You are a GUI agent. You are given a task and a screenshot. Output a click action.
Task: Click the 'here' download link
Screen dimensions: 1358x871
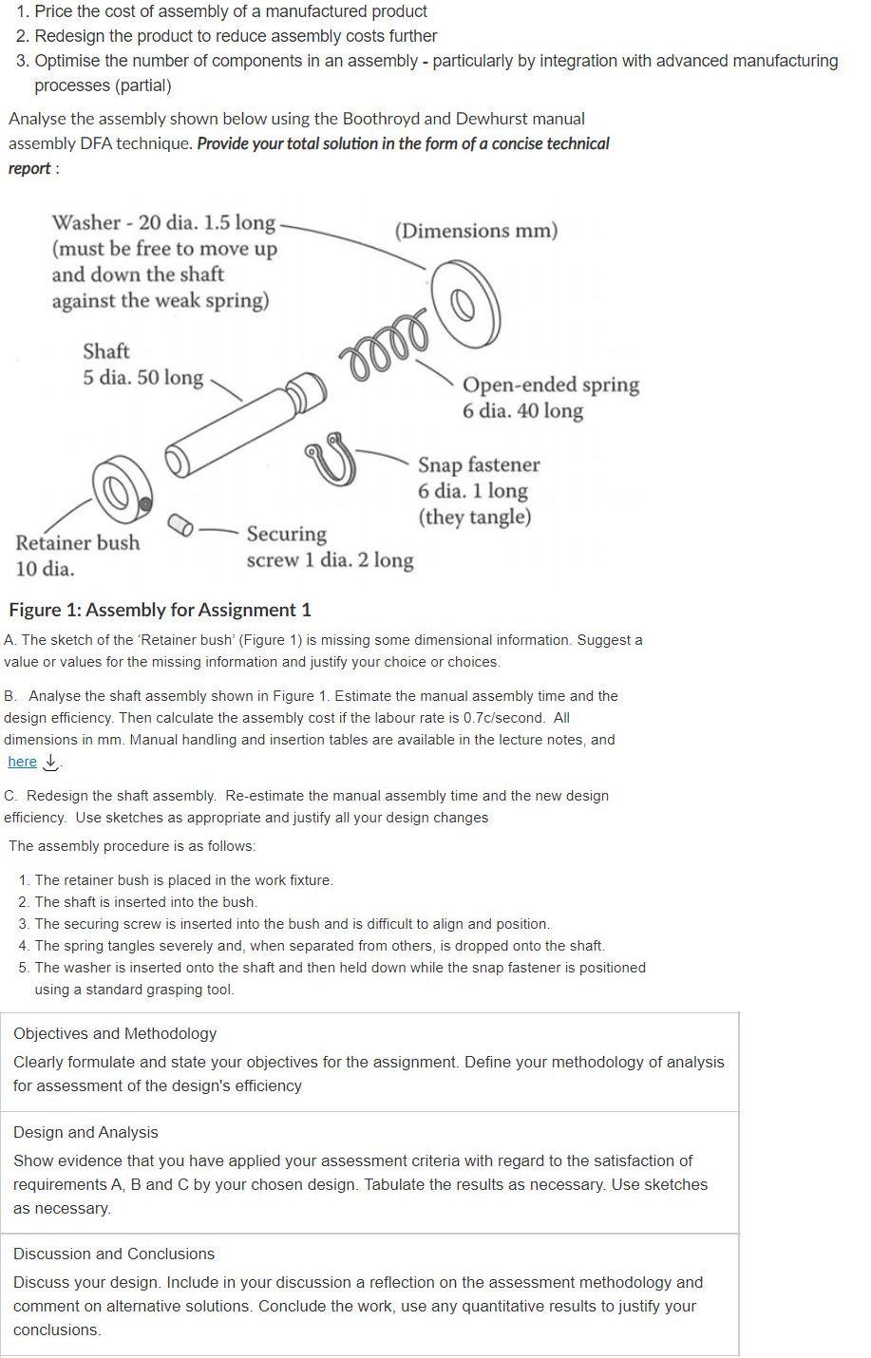click(x=22, y=762)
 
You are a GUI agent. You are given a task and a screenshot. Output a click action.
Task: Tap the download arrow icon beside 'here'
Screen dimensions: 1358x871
click(x=51, y=762)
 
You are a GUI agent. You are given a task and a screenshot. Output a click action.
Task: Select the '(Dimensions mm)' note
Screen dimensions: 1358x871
click(x=476, y=231)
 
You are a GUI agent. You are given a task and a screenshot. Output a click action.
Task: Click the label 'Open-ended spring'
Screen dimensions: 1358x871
click(x=551, y=385)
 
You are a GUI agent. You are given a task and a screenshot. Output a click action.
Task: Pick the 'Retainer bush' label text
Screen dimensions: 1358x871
click(x=77, y=542)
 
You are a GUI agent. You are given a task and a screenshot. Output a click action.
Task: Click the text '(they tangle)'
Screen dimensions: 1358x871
click(x=474, y=517)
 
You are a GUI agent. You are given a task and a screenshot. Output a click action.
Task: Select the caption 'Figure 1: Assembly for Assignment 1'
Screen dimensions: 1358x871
click(x=160, y=610)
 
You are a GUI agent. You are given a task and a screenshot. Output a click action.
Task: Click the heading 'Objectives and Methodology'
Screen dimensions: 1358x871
click(x=115, y=1033)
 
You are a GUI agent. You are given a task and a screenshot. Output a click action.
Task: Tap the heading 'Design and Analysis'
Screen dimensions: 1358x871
click(x=85, y=1132)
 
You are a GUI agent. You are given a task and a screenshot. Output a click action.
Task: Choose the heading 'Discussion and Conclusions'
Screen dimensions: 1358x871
click(x=114, y=1254)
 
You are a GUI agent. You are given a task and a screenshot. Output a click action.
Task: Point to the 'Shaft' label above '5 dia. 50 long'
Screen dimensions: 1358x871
click(x=105, y=350)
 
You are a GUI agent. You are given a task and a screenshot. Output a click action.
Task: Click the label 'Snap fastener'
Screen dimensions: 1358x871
click(x=479, y=464)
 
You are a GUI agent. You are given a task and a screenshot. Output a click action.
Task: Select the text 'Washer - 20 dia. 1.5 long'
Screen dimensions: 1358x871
click(x=163, y=222)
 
